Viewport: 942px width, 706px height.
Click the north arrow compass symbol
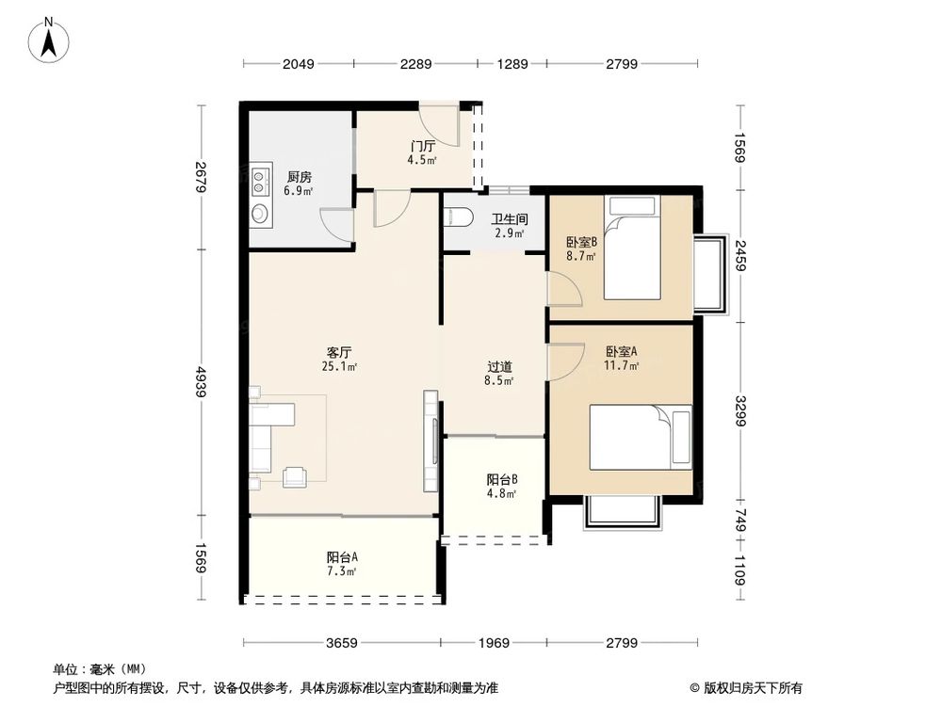pos(49,40)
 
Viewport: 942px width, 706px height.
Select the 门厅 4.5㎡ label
pos(422,152)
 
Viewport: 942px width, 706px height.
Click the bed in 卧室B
pos(632,248)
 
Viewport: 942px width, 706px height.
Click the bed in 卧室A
pos(641,437)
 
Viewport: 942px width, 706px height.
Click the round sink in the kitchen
pos(260,213)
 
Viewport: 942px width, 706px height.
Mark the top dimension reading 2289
pos(415,64)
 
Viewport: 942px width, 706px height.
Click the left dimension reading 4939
pos(201,382)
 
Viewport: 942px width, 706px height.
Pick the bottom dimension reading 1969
pos(494,644)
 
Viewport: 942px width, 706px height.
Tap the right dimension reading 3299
pos(740,410)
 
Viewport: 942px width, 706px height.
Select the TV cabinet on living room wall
pos(430,441)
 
